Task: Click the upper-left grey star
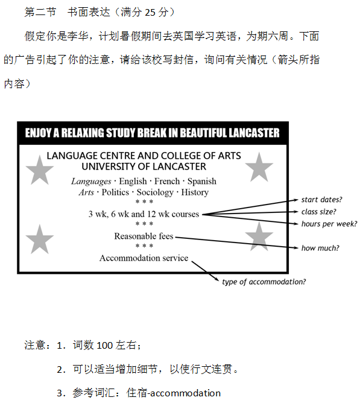40,171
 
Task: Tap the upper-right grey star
259,168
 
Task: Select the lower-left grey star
40,239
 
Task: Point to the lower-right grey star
259,237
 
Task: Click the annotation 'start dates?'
321,200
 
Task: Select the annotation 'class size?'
318,212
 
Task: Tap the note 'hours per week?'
329,224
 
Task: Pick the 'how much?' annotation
320,248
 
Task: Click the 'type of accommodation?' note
264,282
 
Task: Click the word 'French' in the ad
167,181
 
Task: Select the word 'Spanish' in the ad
202,181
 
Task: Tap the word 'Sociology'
155,192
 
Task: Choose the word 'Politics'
115,192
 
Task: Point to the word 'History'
195,192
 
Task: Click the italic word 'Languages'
91,182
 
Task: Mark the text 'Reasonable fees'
144,236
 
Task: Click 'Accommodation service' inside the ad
144,258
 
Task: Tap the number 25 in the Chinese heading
150,12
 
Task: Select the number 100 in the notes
104,346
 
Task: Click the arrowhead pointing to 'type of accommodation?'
216,279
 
